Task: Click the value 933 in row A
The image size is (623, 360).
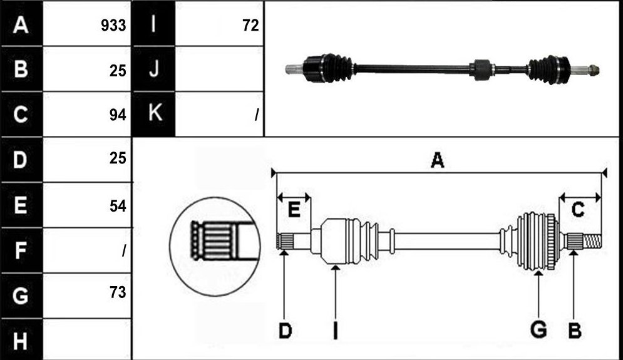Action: [113, 26]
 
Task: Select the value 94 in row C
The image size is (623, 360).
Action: [118, 115]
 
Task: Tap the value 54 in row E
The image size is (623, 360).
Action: [118, 206]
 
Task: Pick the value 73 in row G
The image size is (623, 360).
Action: [118, 292]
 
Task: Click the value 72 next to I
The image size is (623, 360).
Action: [250, 26]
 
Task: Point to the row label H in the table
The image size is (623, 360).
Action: [21, 341]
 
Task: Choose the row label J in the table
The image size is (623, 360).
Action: [154, 69]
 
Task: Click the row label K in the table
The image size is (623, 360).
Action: [155, 113]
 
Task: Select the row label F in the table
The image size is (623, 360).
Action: [21, 250]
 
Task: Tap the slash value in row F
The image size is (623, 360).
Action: [124, 250]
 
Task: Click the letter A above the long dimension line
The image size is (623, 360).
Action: [437, 160]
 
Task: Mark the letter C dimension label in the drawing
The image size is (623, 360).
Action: [578, 210]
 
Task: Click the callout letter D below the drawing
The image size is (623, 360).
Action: [285, 331]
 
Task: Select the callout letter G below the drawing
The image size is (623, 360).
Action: [538, 330]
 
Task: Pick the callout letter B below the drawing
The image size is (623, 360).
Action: [575, 331]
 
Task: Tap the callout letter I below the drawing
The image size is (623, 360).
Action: [336, 331]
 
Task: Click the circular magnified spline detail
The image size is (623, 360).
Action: [215, 246]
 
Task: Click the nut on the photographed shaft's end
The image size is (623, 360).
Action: [594, 71]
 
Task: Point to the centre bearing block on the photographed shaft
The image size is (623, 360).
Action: [482, 69]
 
